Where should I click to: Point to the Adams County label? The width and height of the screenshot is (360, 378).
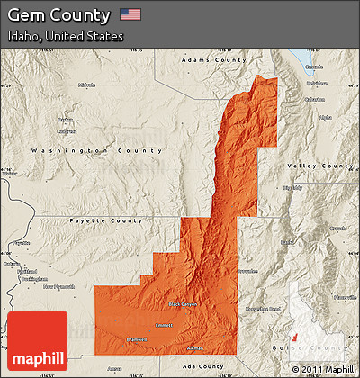[213, 59]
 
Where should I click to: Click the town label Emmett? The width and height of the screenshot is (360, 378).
[164, 326]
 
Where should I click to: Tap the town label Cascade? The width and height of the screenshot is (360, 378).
[313, 67]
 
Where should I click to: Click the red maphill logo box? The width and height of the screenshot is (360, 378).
[36, 341]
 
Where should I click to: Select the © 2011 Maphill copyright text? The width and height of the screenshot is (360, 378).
[322, 369]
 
